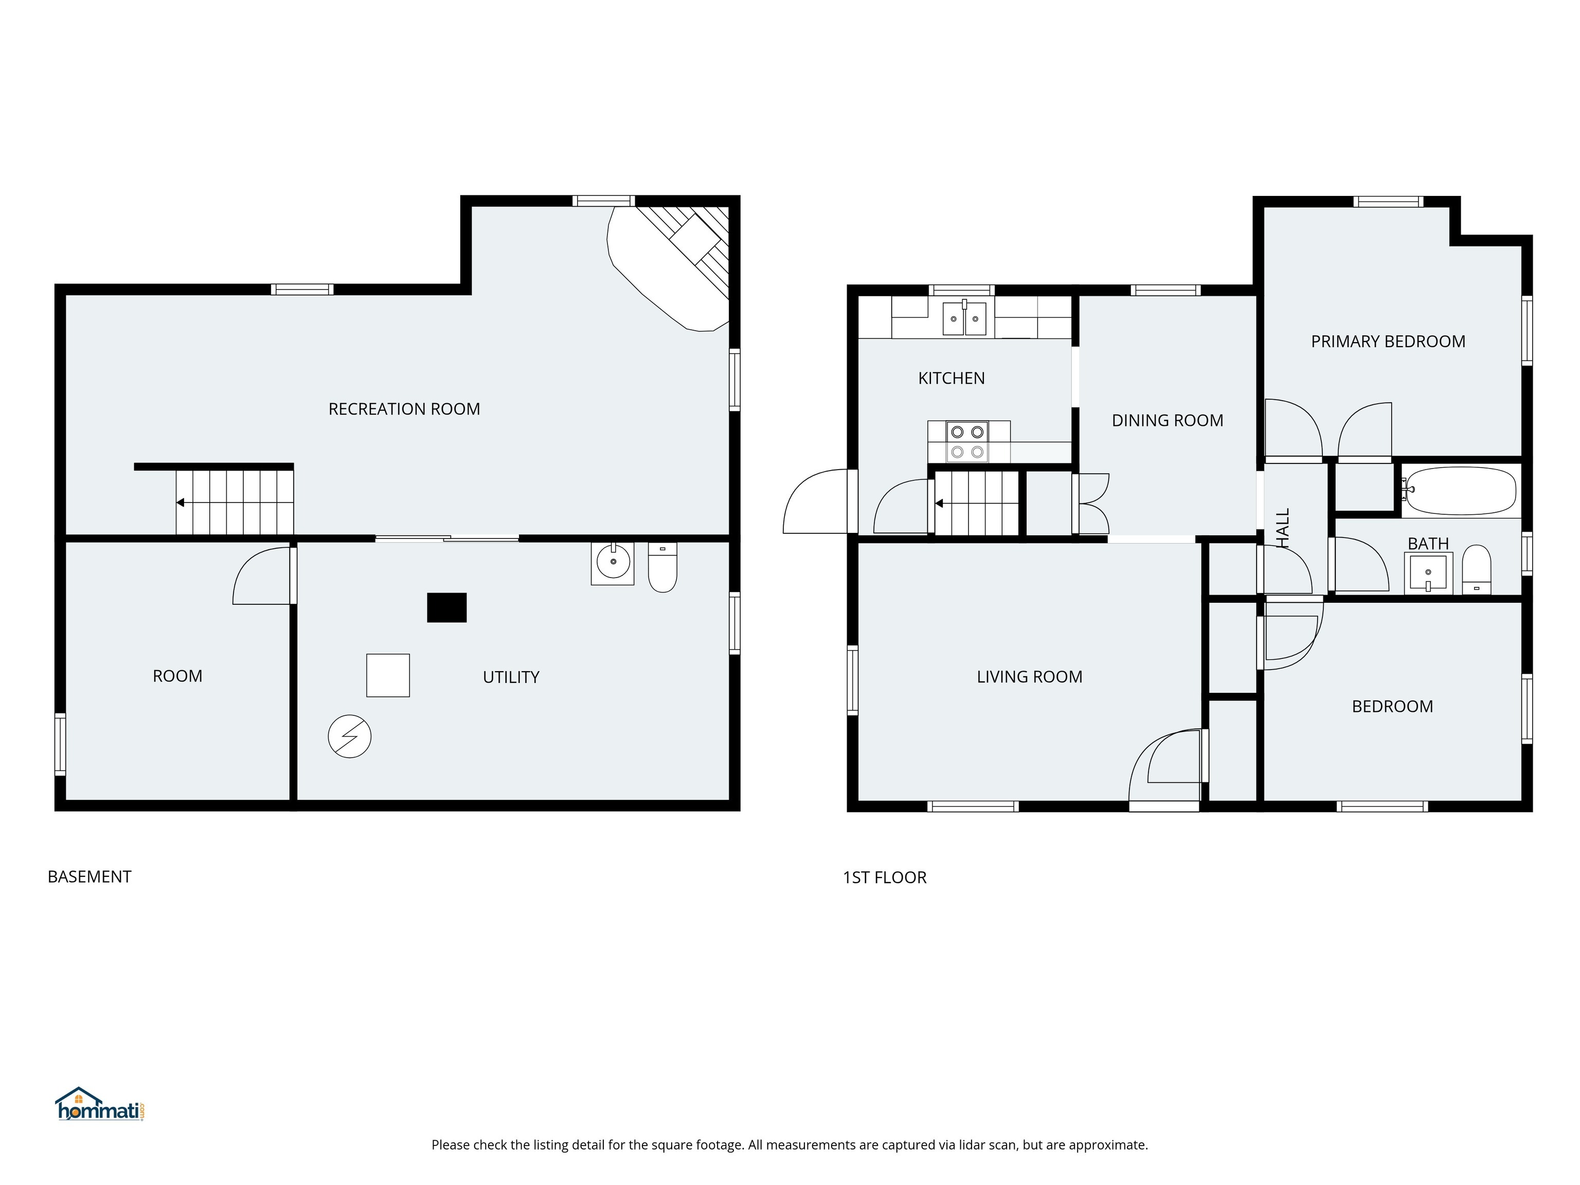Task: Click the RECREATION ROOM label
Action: (404, 409)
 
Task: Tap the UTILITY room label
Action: (511, 677)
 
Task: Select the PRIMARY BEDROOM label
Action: (1388, 342)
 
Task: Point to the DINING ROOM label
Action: (1167, 421)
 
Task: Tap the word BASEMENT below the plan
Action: (89, 876)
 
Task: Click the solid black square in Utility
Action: (446, 608)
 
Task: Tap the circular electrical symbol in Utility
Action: (349, 737)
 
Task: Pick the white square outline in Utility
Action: (388, 675)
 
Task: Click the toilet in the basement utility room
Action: (662, 567)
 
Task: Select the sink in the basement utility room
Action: (612, 564)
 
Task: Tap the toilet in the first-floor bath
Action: (1477, 569)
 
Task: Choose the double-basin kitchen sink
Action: (964, 318)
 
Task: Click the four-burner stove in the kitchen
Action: (968, 441)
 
